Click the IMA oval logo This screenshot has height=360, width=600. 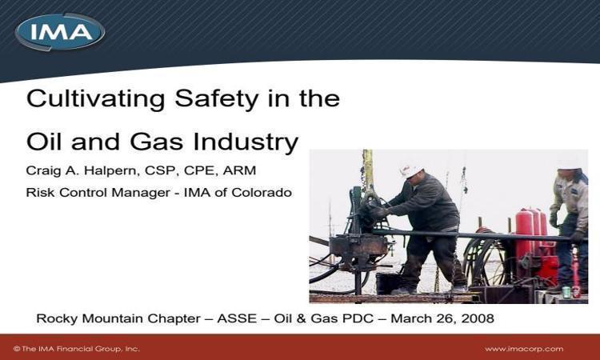[x=60, y=32]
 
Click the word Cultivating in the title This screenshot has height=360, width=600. [x=96, y=98]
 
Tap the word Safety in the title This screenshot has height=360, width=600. [x=216, y=99]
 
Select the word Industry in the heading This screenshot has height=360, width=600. [x=246, y=142]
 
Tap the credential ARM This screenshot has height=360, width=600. [x=239, y=170]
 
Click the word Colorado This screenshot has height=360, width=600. [x=262, y=192]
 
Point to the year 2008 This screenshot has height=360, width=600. [x=478, y=318]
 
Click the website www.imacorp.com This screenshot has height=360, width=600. [x=524, y=349]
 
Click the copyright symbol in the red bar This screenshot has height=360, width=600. [x=17, y=349]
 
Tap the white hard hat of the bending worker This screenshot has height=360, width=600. [x=410, y=170]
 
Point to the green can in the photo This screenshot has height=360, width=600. [x=566, y=292]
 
